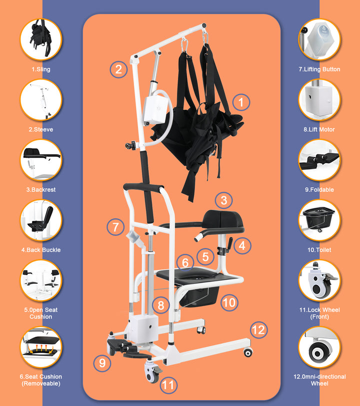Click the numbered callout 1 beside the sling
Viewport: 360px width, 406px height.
click(241, 103)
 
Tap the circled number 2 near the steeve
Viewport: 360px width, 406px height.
click(118, 68)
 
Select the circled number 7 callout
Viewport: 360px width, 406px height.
click(115, 228)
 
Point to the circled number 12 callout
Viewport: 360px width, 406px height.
click(258, 330)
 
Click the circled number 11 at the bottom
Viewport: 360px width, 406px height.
click(168, 385)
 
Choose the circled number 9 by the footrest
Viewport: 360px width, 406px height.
click(102, 362)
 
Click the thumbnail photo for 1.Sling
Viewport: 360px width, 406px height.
click(41, 39)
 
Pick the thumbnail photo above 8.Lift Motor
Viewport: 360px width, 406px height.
click(319, 100)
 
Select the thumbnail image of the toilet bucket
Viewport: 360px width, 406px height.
click(319, 220)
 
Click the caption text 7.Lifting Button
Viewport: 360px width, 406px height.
click(319, 69)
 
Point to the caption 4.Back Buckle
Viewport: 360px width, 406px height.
click(41, 250)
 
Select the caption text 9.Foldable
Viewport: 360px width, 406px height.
click(319, 190)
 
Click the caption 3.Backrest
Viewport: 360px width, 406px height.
click(41, 190)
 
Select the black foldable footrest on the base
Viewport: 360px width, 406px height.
click(122, 348)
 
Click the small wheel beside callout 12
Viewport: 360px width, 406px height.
click(247, 353)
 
